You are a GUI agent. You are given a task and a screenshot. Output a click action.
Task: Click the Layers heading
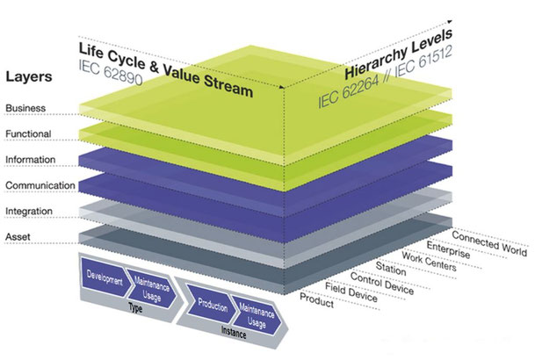coord(29,76)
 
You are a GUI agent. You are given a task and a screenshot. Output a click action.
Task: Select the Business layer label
coord(25,108)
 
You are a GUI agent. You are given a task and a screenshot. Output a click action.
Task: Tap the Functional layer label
coord(28,133)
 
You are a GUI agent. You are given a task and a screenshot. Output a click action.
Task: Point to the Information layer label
coord(31,159)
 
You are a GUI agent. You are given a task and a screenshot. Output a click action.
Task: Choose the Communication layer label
coord(40,185)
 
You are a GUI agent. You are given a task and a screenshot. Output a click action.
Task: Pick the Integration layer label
coord(29,212)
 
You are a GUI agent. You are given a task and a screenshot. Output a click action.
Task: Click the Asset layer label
coord(18,236)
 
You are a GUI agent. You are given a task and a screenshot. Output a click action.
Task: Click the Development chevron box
coord(105,277)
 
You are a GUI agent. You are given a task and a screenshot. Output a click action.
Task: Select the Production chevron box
coord(213,305)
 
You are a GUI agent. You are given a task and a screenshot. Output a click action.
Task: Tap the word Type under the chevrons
coord(135,308)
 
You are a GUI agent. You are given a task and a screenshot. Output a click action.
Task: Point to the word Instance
coord(234,332)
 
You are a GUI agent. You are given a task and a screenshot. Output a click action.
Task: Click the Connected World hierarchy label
coord(489,243)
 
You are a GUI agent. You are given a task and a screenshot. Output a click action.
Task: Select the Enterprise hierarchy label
coord(448,250)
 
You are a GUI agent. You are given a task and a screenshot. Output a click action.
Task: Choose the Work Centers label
coord(429,262)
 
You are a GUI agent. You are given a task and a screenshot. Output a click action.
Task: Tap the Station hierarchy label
coord(391,269)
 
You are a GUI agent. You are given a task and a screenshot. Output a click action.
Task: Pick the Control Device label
coord(382,284)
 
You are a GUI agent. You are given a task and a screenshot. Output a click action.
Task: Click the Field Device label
coord(351,292)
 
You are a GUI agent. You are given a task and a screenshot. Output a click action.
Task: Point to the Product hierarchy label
coord(316,300)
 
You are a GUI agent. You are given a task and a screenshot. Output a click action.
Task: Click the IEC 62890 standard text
coord(110,73)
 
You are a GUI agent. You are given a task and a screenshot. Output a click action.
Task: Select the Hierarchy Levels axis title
coord(399,54)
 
